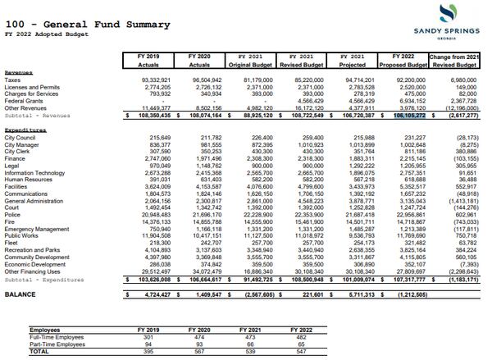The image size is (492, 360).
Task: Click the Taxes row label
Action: click(x=15, y=80)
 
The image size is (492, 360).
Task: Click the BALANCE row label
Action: click(x=20, y=294)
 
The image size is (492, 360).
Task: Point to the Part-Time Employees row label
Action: click(x=57, y=344)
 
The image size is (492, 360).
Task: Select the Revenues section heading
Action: click(x=20, y=72)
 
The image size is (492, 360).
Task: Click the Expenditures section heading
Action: click(x=25, y=130)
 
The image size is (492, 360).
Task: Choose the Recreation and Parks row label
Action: click(x=33, y=249)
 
